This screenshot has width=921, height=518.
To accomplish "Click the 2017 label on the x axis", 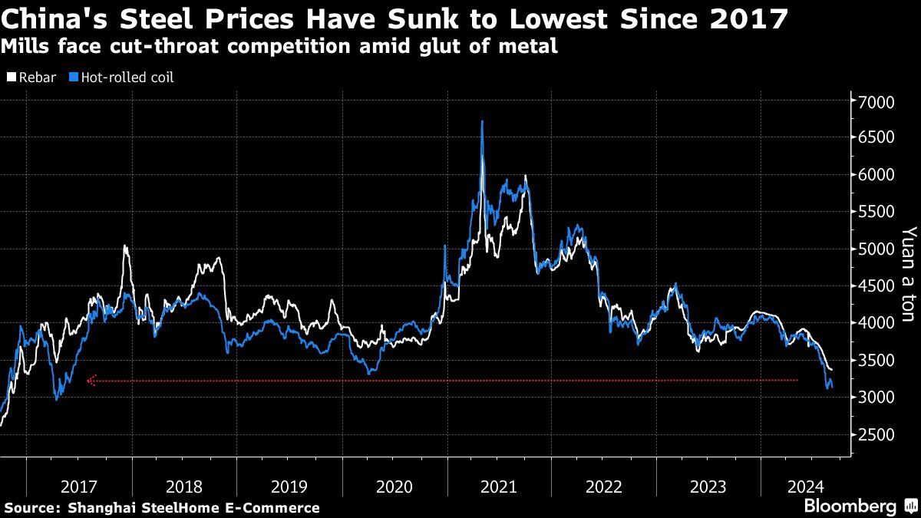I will [78, 486].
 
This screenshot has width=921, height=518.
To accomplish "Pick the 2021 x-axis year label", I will [498, 486].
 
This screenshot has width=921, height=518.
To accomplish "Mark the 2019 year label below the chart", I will [289, 486].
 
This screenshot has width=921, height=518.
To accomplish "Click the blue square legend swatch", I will [74, 78].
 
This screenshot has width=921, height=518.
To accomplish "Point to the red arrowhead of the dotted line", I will [91, 380].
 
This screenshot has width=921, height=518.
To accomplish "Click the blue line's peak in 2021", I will [481, 122].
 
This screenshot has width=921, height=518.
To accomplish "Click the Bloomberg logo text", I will [850, 506].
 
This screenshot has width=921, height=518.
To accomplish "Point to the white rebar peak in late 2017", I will [125, 247].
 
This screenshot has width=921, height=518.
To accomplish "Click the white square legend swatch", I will [12, 78].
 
